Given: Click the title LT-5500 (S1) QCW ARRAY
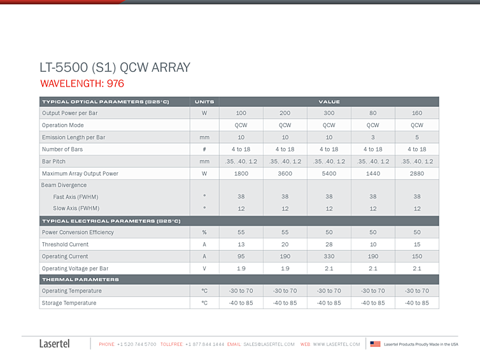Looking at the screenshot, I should coord(115,67).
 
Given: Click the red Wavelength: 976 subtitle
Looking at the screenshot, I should coord(82,83).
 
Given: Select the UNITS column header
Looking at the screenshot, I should coord(204,102).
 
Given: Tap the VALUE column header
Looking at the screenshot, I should coord(329,102).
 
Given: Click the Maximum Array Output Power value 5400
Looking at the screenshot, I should coord(329,174).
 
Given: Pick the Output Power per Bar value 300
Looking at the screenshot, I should coord(329,113).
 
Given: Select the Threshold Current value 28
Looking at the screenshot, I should coord(329,244).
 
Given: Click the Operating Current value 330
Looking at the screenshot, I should coord(329,256).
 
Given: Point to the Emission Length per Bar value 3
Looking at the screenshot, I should coord(373,137).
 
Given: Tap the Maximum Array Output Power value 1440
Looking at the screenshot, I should coord(373,174).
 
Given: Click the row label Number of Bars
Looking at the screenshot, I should coord(62,149).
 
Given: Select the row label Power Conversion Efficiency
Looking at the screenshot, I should coord(78,232).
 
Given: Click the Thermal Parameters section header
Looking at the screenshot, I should coord(80,279).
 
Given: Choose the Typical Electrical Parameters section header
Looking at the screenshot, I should coord(111,221).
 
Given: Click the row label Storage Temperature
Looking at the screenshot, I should coord(69,303).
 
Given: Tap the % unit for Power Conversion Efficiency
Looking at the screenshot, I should coord(204,232).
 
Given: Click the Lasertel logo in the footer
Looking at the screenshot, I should coord(55,343).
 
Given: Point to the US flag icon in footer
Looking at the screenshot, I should coord(376,344).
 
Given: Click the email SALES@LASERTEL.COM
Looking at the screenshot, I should coord(269,344).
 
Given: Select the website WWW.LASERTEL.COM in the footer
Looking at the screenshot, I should coord(336,344).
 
